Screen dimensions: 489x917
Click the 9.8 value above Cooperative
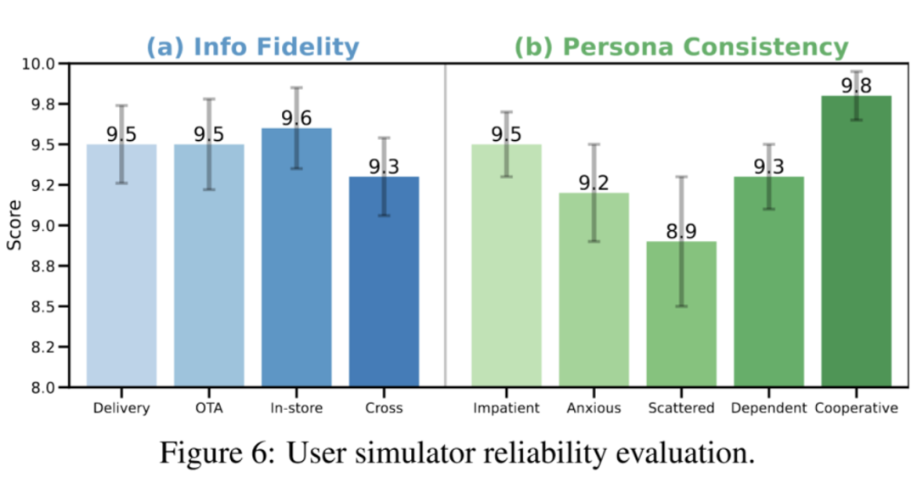click(x=857, y=86)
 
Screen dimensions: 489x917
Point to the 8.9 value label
click(x=682, y=232)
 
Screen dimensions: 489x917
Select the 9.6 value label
click(x=296, y=119)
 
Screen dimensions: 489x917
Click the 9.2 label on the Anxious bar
click(x=594, y=183)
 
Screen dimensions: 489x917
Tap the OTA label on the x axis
click(x=209, y=408)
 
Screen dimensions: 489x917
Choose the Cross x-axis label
click(x=384, y=408)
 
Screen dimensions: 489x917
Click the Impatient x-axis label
click(x=507, y=408)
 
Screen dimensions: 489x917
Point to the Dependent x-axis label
click(x=769, y=408)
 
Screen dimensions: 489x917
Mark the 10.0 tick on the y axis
click(x=37, y=64)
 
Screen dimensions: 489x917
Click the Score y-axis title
click(x=14, y=226)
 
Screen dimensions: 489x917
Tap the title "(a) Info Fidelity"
click(x=252, y=47)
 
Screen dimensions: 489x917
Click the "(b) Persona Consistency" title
click(x=681, y=47)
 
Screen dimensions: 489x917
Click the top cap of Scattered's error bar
click(x=682, y=177)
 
